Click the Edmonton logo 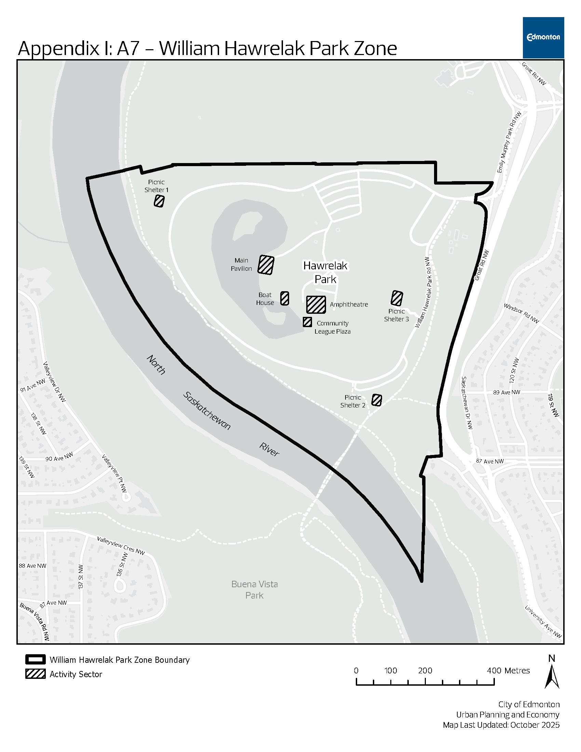pos(543,38)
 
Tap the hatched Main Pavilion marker pos(266,265)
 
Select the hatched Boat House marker pos(285,298)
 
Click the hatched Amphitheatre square pos(316,305)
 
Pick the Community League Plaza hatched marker pos(307,322)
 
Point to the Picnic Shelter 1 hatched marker pos(159,201)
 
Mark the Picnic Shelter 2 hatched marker pos(377,400)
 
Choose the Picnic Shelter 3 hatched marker pos(397,298)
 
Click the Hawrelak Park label pos(325,272)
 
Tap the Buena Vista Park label pos(254,590)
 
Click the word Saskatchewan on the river pos(206,411)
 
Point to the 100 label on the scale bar pos(391,670)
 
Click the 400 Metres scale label pos(508,670)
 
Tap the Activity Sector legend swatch pos(36,674)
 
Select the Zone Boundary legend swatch pos(36,659)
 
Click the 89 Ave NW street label pos(506,392)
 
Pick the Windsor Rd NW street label pos(521,313)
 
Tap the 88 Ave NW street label pos(32,566)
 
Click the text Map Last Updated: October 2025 pos(501,725)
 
